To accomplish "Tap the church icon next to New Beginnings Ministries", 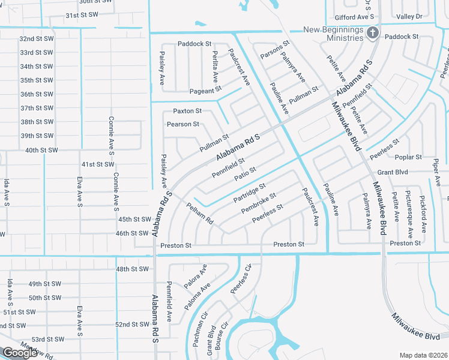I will click(x=372, y=33).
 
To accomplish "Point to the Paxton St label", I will click(x=187, y=111).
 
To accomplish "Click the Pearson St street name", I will click(x=182, y=124).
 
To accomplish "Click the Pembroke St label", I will click(x=258, y=203).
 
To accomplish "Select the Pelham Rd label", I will click(x=200, y=213).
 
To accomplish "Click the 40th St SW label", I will click(x=41, y=150).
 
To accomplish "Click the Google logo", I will click(x=20, y=353).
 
